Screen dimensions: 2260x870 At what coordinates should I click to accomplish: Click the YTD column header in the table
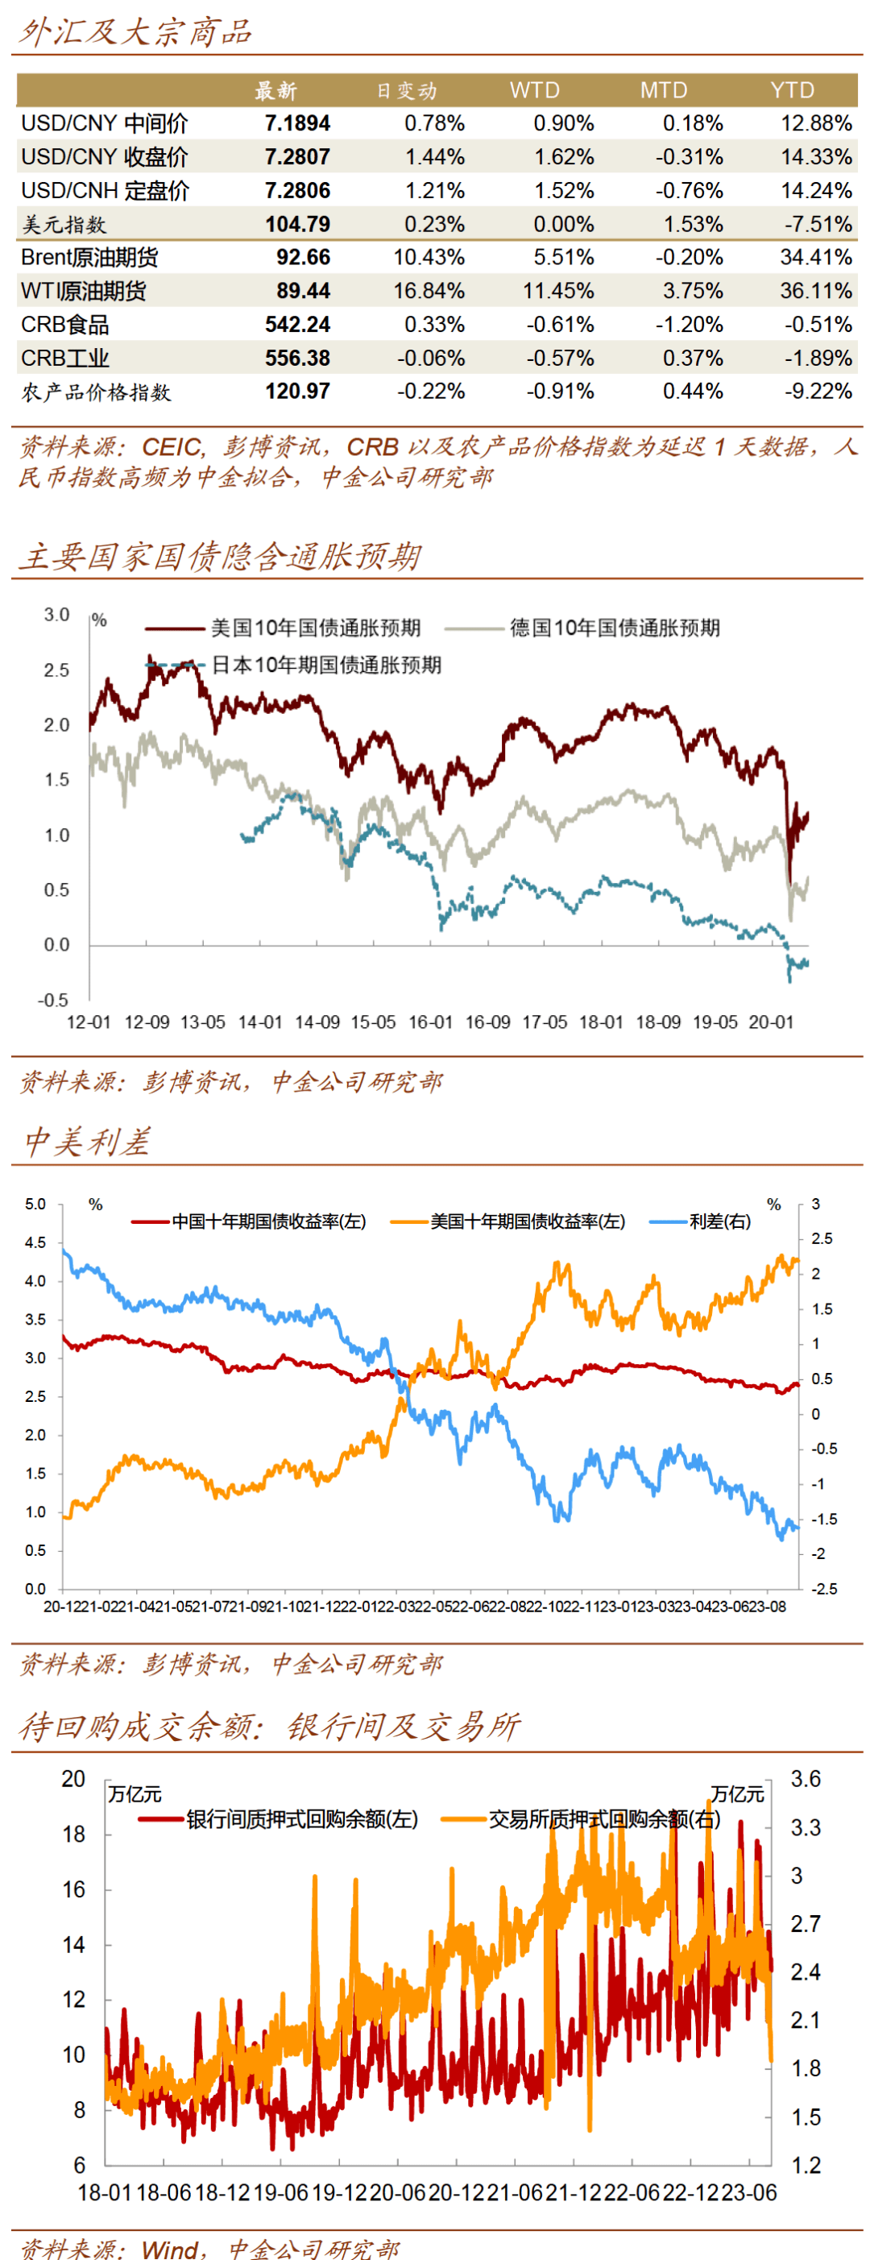(792, 90)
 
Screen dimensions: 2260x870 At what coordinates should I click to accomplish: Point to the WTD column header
(534, 90)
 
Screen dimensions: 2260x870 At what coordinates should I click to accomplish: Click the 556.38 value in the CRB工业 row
(297, 358)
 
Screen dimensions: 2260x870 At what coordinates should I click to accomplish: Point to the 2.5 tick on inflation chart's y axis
(57, 670)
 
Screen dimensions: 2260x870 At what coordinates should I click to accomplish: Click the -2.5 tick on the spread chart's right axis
(822, 1589)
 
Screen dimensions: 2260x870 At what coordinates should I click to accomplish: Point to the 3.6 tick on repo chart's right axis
(805, 1778)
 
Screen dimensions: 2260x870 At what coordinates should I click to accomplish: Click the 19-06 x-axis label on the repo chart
(280, 2192)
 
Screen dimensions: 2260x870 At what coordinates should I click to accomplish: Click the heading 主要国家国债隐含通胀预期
(219, 556)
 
